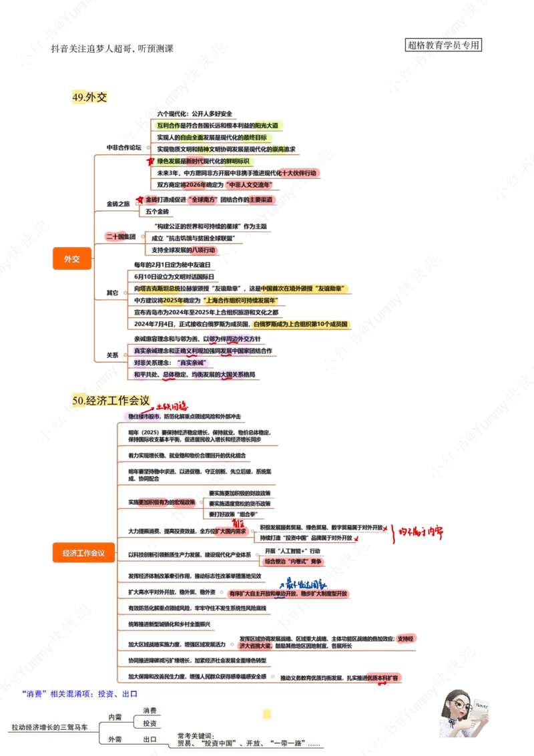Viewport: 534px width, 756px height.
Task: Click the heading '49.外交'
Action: pyautogui.click(x=89, y=98)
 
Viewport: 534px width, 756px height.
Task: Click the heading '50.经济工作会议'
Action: pyautogui.click(x=111, y=401)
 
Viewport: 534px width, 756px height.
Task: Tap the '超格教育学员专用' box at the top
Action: pyautogui.click(x=443, y=45)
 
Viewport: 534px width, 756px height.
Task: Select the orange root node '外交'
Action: pyautogui.click(x=71, y=258)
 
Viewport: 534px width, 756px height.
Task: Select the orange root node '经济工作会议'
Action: pyautogui.click(x=84, y=552)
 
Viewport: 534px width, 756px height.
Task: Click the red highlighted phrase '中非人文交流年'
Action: pyautogui.click(x=249, y=185)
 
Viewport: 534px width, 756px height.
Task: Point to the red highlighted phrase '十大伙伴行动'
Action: pyautogui.click(x=298, y=173)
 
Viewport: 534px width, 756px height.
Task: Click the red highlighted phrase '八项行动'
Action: pyautogui.click(x=204, y=250)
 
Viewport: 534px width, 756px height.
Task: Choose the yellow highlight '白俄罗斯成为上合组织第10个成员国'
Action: pyautogui.click(x=301, y=325)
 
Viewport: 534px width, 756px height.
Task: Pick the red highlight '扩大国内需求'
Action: pyautogui.click(x=230, y=531)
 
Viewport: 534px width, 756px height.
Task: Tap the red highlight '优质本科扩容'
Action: pyautogui.click(x=384, y=677)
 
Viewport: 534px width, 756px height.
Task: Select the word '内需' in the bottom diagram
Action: pyautogui.click(x=115, y=716)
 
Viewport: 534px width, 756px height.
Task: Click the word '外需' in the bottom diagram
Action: pyautogui.click(x=115, y=739)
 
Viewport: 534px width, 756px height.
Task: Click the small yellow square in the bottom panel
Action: pyautogui.click(x=267, y=714)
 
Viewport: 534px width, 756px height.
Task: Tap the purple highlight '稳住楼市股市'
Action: pyautogui.click(x=142, y=416)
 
